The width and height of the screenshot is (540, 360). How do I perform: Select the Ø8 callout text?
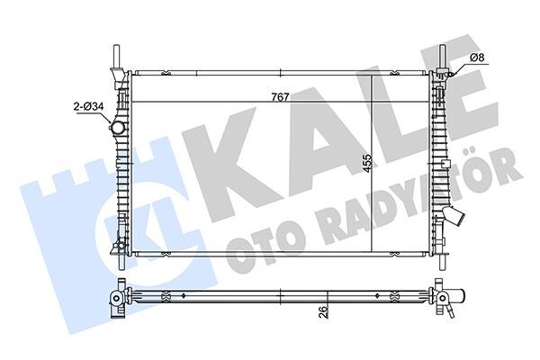pos(477,59)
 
